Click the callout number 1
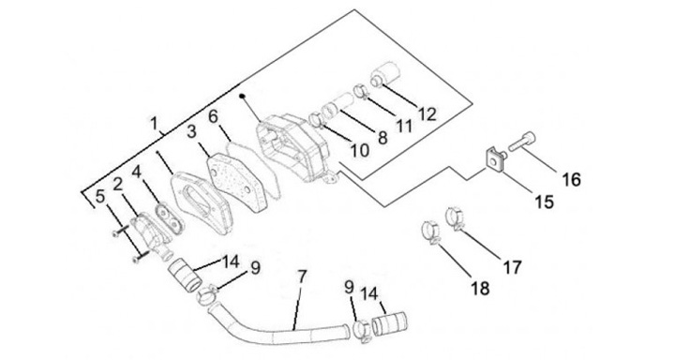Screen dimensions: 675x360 point(154,123)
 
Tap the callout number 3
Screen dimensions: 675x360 point(192,131)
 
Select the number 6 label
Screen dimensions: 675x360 point(213,117)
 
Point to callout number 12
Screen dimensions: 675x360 point(427,113)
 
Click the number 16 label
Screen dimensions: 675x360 point(571,179)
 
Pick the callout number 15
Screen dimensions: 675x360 point(544,202)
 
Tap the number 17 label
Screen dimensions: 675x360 point(512,267)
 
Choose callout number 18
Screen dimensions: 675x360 point(480,288)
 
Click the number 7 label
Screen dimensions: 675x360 point(302,277)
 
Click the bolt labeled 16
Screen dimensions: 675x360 point(522,142)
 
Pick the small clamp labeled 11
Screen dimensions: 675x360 point(361,91)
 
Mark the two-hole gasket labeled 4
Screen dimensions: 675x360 point(169,217)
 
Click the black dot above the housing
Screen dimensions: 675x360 point(242,95)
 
